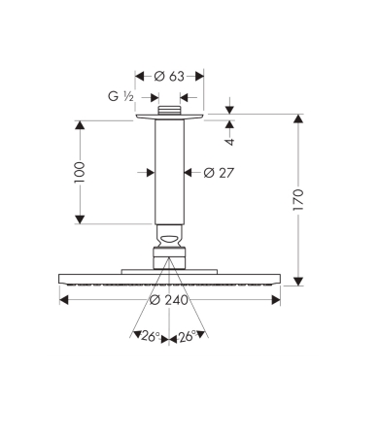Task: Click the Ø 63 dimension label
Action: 169,77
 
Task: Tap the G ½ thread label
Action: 121,96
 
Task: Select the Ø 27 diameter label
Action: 219,173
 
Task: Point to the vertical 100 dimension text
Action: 80,173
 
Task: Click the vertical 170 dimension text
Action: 298,200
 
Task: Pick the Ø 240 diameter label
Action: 169,300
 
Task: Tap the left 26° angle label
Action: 151,337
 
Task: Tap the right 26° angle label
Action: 188,337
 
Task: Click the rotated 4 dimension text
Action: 229,142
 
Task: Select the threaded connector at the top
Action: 169,110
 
